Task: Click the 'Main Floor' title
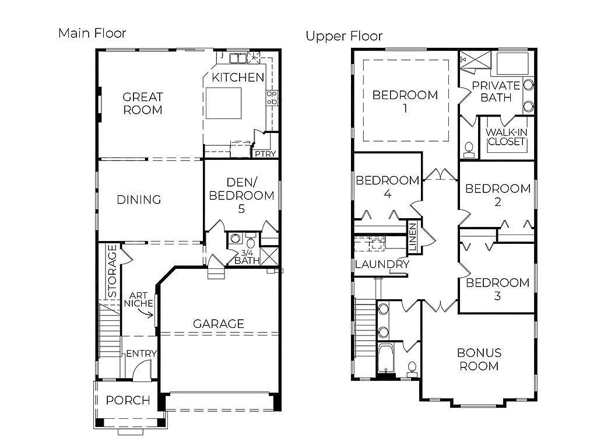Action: pyautogui.click(x=92, y=33)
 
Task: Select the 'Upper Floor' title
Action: pyautogui.click(x=344, y=36)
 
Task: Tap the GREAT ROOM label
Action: pyautogui.click(x=142, y=103)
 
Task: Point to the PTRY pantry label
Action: pyautogui.click(x=260, y=154)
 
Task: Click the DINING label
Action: pyautogui.click(x=139, y=200)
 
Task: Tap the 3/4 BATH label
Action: pyautogui.click(x=247, y=257)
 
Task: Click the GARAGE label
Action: pyautogui.click(x=219, y=324)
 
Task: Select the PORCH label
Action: pyautogui.click(x=128, y=401)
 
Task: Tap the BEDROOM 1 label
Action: pyautogui.click(x=405, y=101)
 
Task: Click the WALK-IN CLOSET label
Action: pyautogui.click(x=506, y=137)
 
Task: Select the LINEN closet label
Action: pyautogui.click(x=413, y=237)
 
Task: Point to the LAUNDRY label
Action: pyautogui.click(x=382, y=264)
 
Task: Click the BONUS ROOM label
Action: pyautogui.click(x=479, y=359)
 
